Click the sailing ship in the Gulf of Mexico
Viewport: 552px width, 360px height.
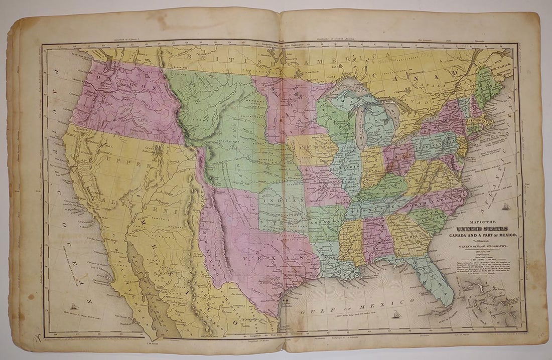click(x=397, y=314)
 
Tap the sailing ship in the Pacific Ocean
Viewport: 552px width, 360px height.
click(x=74, y=306)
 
